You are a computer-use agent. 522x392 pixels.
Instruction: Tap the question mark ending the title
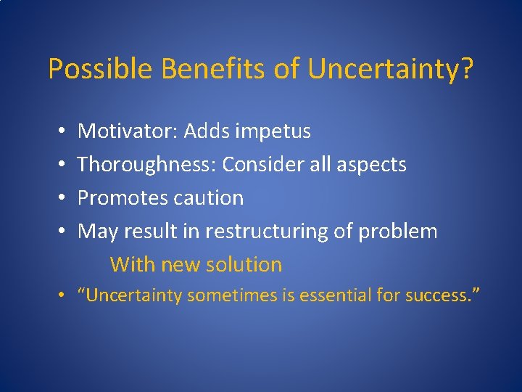pos(468,70)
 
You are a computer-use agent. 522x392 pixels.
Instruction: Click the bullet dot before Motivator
pos(61,132)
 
